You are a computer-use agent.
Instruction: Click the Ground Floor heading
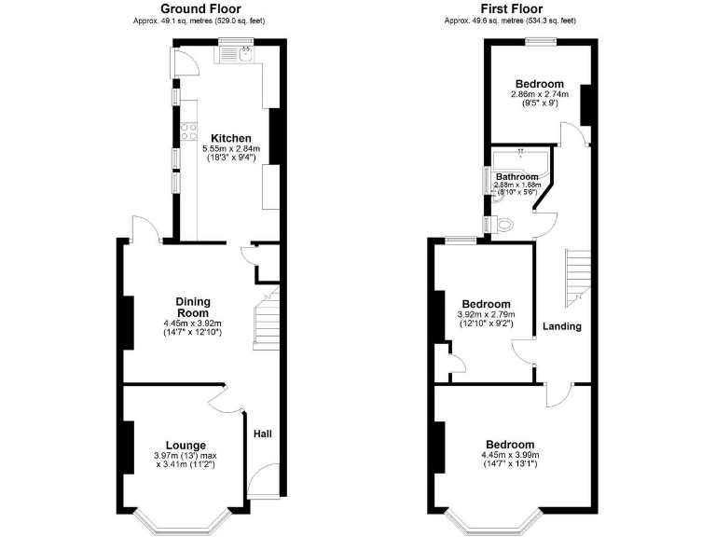coord(201,7)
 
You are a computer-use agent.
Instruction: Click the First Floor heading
coord(509,7)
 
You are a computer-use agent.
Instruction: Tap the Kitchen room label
coord(230,138)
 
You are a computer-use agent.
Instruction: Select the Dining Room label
coord(193,307)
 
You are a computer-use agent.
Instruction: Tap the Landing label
coord(562,326)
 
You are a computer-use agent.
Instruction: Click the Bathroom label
coord(516,176)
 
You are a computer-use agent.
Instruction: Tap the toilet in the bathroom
coord(503,225)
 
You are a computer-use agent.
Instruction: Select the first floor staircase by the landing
coord(578,276)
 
